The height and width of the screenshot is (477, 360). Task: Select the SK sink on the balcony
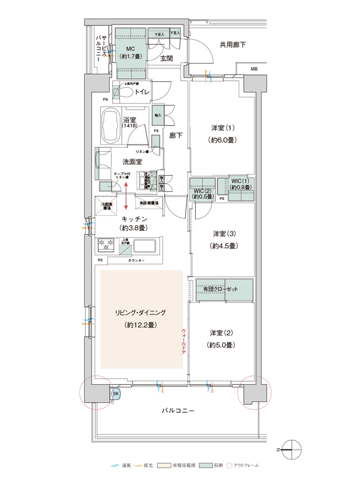pos(115,394)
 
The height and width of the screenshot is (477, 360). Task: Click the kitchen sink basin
pos(145,246)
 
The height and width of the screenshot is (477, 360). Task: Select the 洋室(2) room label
pos(222,332)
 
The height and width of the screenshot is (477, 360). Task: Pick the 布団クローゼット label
pos(224,290)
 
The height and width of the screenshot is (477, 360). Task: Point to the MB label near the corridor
pos(254,70)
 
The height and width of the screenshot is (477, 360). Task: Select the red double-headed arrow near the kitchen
pos(126,196)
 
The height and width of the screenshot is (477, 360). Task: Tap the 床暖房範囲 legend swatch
pos(161,465)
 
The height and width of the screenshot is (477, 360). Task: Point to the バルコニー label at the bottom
pos(178,410)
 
